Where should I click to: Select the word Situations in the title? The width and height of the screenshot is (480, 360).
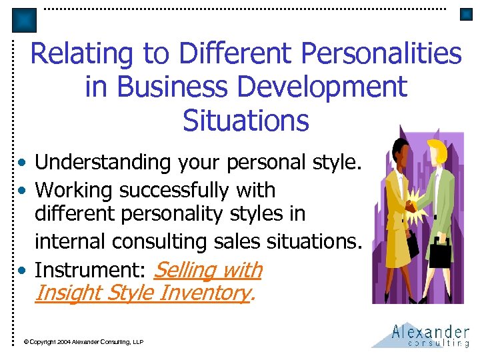[x=246, y=121]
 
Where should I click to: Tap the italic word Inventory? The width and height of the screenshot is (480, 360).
[x=204, y=292]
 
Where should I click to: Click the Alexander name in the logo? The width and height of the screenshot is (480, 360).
[x=431, y=331]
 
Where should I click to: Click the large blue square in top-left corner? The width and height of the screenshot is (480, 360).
[x=25, y=21]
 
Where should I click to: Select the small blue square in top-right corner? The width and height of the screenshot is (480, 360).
[x=466, y=15]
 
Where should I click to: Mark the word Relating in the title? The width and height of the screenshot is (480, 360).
[x=73, y=54]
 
